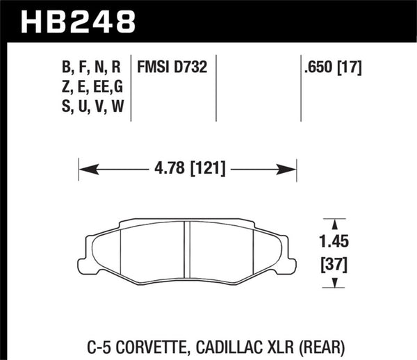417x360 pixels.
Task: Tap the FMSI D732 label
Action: (x=173, y=68)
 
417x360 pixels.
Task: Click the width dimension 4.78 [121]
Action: (x=188, y=168)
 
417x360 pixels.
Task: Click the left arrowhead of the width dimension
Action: (x=84, y=168)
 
